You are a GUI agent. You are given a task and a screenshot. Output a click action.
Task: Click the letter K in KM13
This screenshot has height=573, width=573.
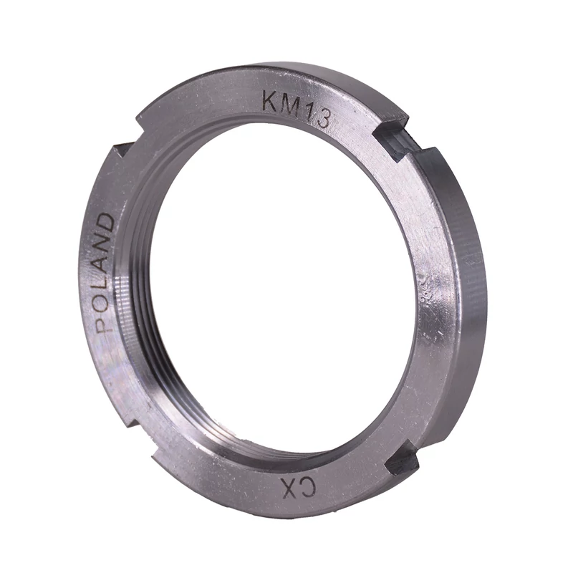pos(270,102)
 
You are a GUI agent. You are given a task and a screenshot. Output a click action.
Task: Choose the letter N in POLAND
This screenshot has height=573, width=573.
pos(105,244)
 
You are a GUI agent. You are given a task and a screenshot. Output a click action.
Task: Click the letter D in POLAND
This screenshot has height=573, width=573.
pos(107,223)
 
